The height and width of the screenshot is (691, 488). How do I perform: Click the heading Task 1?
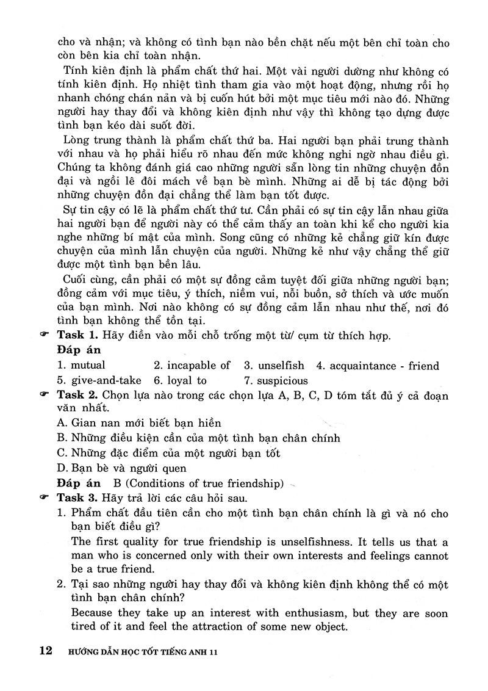(77, 335)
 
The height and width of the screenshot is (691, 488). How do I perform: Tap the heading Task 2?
(77, 396)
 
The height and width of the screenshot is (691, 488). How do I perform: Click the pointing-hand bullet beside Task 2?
(44, 396)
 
